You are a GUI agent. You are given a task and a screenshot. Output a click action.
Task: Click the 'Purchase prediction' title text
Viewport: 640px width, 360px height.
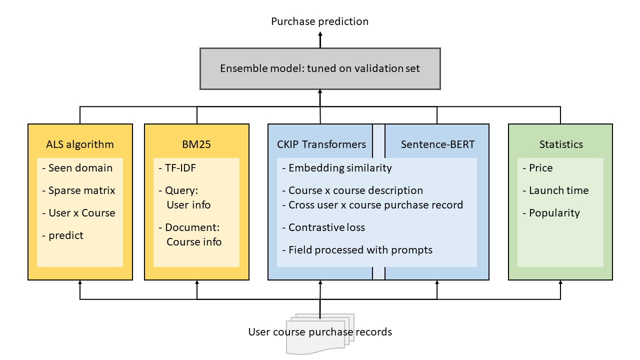[x=319, y=21]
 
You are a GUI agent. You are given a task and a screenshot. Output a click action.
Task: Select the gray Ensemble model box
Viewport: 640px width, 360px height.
[x=320, y=69]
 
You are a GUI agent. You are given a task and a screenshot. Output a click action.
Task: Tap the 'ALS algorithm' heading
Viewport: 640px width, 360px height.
[x=80, y=144]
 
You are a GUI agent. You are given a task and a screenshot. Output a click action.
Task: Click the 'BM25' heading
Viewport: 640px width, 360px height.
[x=196, y=144]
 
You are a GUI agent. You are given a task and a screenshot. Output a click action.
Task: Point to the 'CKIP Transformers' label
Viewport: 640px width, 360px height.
[x=321, y=144]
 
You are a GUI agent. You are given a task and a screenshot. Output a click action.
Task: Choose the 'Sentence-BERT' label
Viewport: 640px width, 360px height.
[x=437, y=144]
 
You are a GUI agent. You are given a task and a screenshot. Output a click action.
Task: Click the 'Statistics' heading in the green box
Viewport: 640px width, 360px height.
[x=561, y=144]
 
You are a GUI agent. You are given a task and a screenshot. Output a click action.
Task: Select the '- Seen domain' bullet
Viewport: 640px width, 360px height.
[x=77, y=167]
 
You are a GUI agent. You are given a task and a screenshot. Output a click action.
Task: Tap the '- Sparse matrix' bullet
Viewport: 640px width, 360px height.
[x=78, y=190]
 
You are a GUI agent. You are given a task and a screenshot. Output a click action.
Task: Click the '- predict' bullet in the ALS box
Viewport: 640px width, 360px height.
[x=62, y=235]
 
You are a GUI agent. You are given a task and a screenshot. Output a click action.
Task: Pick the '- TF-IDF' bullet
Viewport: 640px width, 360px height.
[x=177, y=167]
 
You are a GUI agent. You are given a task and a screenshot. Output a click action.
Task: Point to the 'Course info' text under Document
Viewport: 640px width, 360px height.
[x=194, y=242]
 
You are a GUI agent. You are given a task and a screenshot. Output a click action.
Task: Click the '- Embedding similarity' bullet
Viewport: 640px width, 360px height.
[x=337, y=168]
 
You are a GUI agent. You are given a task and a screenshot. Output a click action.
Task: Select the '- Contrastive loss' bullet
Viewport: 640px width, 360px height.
[x=323, y=227]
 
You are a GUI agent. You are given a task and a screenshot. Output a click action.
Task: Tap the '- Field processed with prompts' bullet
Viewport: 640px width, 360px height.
[x=357, y=250]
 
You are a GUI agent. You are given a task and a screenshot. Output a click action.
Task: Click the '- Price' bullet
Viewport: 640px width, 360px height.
[x=537, y=167]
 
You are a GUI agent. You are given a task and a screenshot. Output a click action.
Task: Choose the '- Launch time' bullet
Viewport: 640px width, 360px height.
[x=555, y=190]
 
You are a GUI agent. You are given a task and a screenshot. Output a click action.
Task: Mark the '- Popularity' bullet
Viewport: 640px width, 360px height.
[x=551, y=213]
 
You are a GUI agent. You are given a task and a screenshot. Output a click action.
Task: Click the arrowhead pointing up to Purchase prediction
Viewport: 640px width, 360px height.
[x=320, y=33]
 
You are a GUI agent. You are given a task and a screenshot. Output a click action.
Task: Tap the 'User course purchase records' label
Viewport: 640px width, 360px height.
[x=320, y=332]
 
